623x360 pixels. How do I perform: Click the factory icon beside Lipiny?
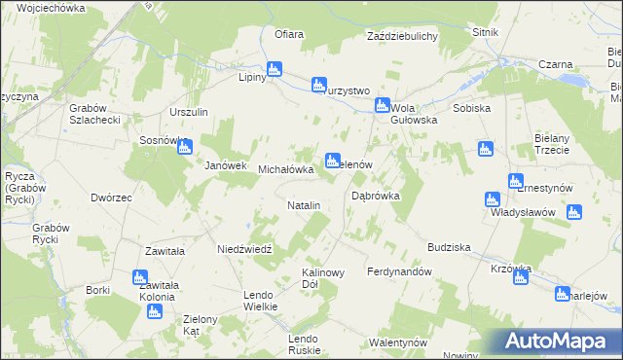point(275,69)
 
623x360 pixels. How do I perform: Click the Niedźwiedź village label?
point(250,248)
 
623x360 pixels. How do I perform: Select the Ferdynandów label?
point(399,271)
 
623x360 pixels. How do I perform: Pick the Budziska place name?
point(448,247)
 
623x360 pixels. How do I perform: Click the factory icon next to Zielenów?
point(333,159)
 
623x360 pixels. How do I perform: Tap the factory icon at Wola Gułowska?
point(383,105)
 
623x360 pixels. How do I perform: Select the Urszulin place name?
point(189,112)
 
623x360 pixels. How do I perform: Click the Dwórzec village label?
point(111,198)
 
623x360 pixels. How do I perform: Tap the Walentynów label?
point(398,342)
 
